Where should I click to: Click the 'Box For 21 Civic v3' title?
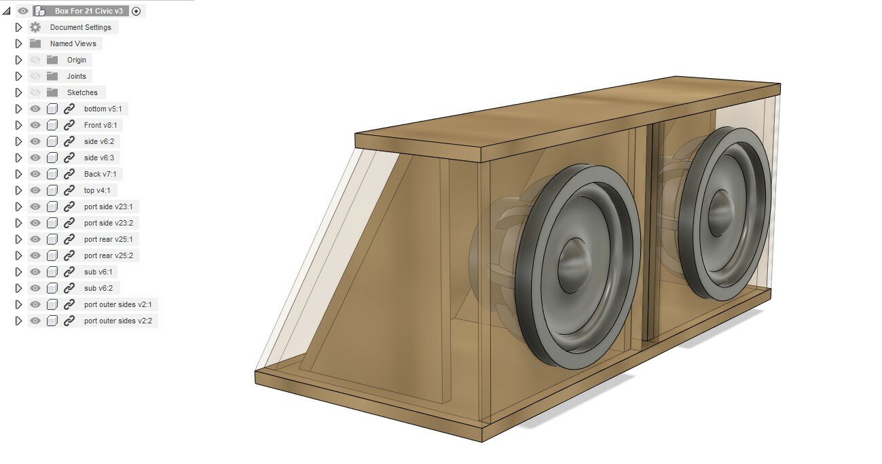point(89,11)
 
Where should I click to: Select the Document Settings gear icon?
point(35,27)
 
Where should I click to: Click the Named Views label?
point(73,43)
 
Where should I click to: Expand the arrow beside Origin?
point(18,60)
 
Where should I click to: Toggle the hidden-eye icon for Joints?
point(35,76)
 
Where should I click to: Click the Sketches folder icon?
point(52,92)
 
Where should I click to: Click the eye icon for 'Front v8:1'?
point(35,125)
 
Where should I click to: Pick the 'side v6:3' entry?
point(98,158)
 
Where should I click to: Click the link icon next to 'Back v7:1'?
point(69,174)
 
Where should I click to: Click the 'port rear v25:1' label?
point(108,239)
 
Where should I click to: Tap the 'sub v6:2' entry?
point(98,288)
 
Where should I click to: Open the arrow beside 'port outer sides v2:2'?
point(18,321)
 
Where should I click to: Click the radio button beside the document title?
point(136,11)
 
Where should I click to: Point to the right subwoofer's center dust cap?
point(720,213)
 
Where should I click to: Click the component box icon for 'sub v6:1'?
point(52,272)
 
